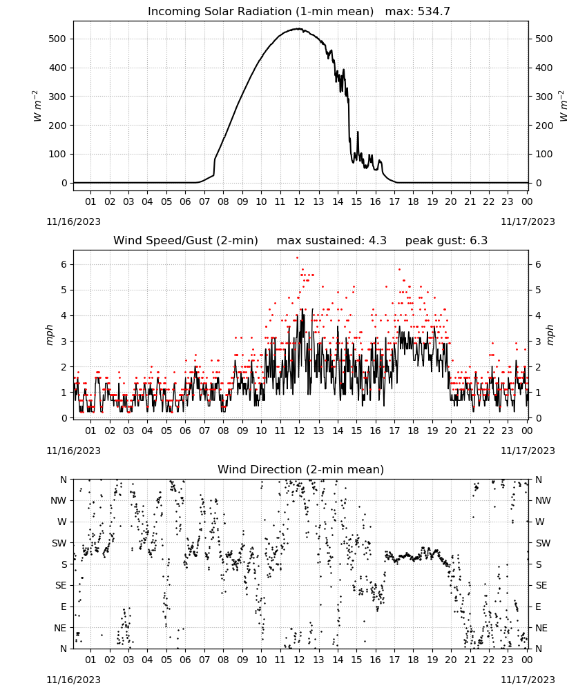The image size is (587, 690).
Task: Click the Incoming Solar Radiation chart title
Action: [260, 11]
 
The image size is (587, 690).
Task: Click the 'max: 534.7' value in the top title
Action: [418, 11]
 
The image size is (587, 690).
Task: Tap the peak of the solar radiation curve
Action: [298, 28]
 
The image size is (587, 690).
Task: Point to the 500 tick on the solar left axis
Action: [57, 39]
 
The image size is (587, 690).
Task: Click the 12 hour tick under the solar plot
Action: [299, 201]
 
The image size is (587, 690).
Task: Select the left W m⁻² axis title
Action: [37, 106]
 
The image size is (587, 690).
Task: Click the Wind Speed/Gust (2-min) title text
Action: [186, 240]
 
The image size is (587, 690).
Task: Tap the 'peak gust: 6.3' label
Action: [446, 240]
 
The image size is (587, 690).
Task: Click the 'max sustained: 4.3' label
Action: [331, 240]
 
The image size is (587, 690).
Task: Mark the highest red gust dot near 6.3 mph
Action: [297, 257]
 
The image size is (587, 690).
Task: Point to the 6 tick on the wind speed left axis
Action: [64, 264]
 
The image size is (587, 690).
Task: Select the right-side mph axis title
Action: [550, 335]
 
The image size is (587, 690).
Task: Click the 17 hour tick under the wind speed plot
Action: [394, 431]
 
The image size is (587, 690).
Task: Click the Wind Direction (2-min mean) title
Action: [301, 469]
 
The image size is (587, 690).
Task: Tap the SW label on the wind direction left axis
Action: [59, 543]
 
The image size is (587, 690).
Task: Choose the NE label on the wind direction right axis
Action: [541, 628]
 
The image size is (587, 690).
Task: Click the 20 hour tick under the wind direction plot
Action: [451, 660]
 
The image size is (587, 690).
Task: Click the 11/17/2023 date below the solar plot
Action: [528, 221]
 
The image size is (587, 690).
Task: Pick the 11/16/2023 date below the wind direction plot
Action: [73, 680]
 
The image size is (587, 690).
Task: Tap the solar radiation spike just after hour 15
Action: [358, 132]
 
